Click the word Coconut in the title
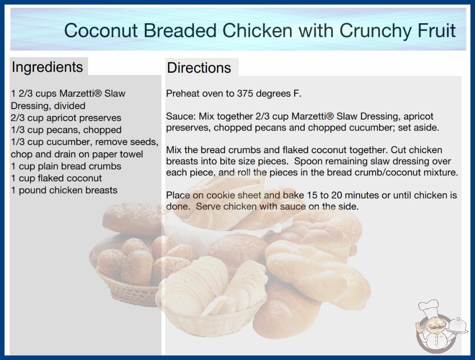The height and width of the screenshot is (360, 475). point(101,30)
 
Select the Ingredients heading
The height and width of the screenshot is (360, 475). point(47,67)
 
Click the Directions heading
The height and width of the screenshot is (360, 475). point(199,68)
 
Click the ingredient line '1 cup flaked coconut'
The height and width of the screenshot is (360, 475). point(56,178)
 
